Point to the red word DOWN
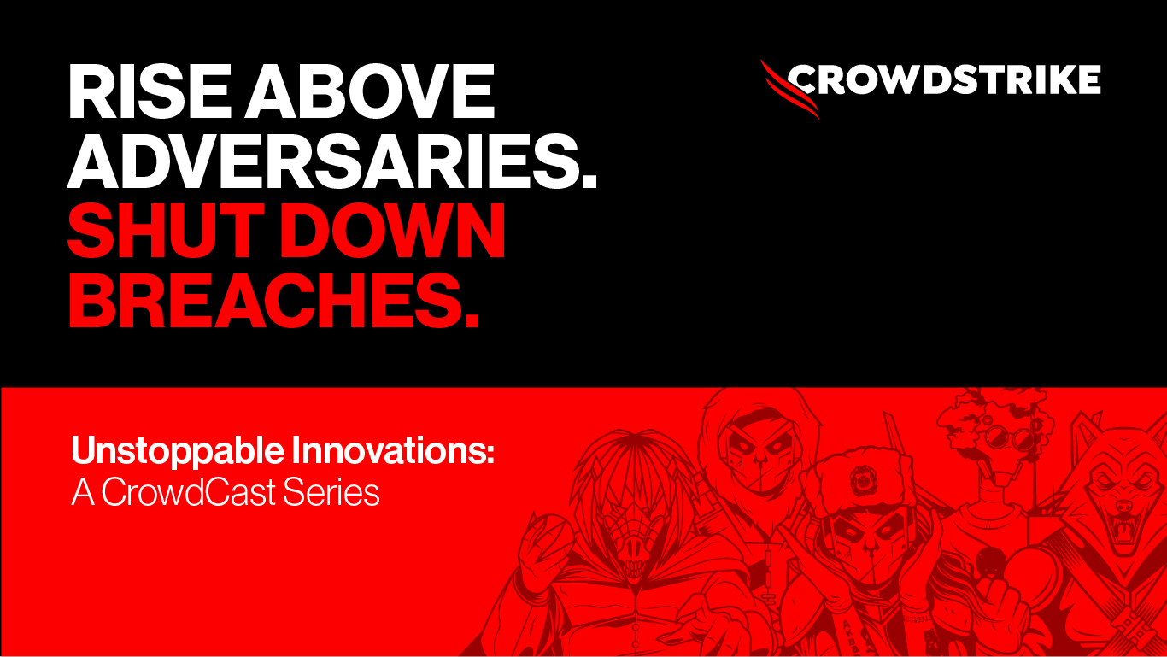click(396, 231)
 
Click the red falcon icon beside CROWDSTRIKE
click(789, 89)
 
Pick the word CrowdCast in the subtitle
click(188, 492)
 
